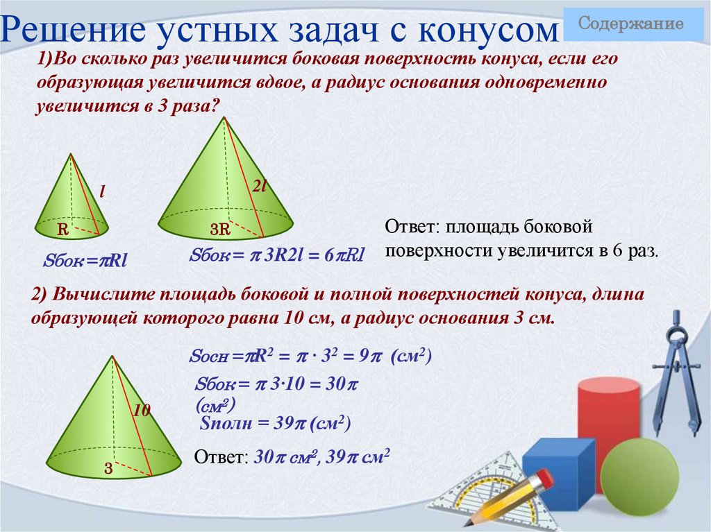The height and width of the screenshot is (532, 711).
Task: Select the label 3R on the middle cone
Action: (219, 230)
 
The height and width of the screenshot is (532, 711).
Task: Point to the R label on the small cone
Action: (62, 228)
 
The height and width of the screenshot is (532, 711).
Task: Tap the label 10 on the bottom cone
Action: (142, 410)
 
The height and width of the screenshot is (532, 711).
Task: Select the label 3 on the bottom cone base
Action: (108, 468)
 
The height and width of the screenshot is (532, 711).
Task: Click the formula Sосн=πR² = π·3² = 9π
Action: (310, 357)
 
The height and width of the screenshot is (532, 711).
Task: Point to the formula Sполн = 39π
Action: (276, 424)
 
